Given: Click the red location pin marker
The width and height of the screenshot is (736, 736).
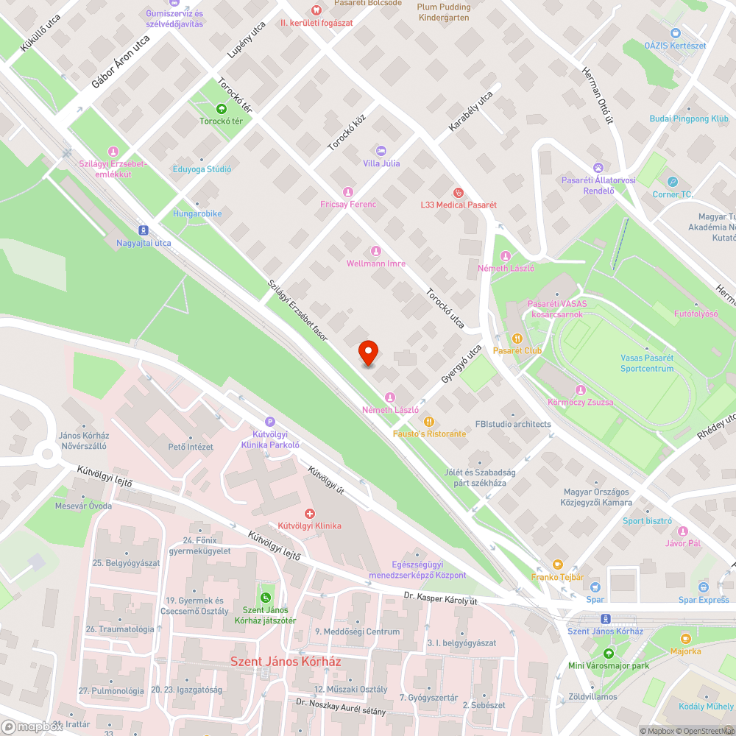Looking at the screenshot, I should click(x=368, y=353).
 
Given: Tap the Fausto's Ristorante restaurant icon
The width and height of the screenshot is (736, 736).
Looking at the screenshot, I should click(x=430, y=422).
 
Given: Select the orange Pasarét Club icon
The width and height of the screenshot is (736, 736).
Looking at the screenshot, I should click(x=517, y=339).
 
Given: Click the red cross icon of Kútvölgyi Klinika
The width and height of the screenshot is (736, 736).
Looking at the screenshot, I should click(x=310, y=513).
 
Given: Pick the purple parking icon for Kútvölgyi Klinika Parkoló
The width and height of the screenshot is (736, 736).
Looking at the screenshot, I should click(x=270, y=422).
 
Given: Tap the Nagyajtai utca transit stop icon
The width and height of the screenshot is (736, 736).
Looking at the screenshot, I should click(x=144, y=230).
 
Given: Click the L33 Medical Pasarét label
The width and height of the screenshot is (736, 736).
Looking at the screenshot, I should click(x=459, y=204).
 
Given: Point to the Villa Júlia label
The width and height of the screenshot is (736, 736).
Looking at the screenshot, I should click(x=382, y=163).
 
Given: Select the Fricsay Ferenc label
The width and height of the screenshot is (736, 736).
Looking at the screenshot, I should click(x=348, y=204).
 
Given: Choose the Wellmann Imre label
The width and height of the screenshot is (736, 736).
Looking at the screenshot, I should click(x=376, y=263).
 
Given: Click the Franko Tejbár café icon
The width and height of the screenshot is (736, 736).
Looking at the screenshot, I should click(x=557, y=565).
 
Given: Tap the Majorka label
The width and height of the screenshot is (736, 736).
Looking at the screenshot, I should click(x=686, y=651).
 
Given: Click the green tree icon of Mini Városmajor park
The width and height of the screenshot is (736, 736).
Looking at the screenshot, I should click(x=608, y=653).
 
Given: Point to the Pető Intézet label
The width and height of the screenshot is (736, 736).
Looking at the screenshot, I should click(x=191, y=447).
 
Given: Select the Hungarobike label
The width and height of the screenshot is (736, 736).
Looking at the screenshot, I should click(x=197, y=213).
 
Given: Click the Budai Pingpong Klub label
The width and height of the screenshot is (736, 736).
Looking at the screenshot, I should click(x=689, y=118).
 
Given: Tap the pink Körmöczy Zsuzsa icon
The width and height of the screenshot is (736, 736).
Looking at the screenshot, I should click(x=581, y=389).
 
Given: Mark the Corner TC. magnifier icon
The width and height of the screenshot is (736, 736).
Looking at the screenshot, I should click(x=673, y=182).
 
